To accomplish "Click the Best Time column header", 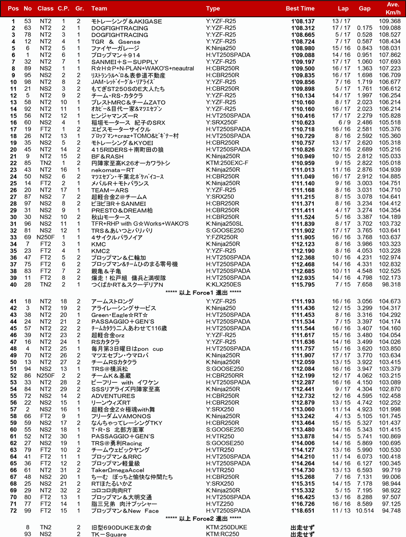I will [300, 8].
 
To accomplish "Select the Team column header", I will [99, 8].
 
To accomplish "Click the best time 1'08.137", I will [303, 21].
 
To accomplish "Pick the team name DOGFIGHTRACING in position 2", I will [119, 28].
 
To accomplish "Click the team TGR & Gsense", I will [115, 42].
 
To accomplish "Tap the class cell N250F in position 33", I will [46, 237].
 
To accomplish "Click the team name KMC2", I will [100, 251].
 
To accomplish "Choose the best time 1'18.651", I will [303, 511].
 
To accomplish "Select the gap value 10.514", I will [364, 511].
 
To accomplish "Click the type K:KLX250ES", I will [223, 284].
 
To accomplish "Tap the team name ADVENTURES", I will [113, 396].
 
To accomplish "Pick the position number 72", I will [13, 511].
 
